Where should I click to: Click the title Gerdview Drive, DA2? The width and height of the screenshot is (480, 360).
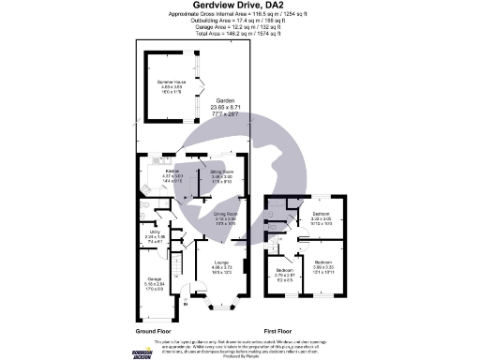(x=239, y=5)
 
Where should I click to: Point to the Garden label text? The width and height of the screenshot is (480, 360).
(x=226, y=100)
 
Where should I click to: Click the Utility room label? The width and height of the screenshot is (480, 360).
(x=157, y=236)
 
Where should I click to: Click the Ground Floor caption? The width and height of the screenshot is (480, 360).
(x=156, y=332)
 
